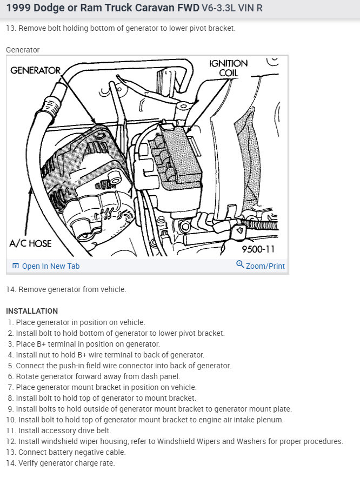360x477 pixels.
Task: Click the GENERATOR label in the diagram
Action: click(35, 70)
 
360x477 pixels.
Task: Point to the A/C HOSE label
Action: click(31, 243)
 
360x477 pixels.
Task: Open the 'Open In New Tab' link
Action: click(50, 266)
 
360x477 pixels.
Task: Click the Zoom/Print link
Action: click(265, 266)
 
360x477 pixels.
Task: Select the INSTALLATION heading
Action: click(32, 311)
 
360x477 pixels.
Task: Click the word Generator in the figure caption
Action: click(23, 50)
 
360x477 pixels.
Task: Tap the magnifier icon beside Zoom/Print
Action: click(240, 264)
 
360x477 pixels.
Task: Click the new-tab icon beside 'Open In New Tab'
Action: click(16, 266)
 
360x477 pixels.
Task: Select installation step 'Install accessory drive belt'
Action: click(64, 430)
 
